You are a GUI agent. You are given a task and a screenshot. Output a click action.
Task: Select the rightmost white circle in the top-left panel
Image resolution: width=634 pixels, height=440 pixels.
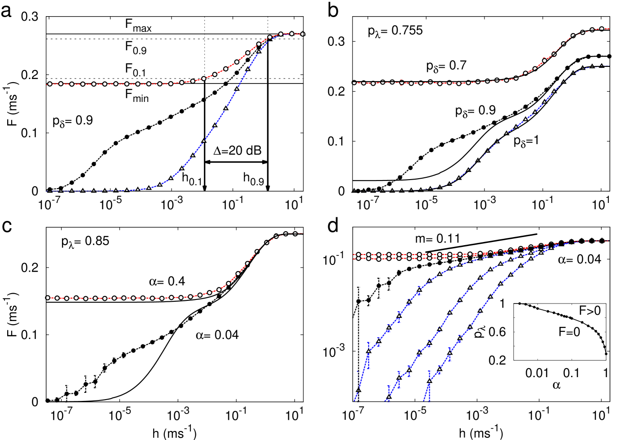(x=303, y=34)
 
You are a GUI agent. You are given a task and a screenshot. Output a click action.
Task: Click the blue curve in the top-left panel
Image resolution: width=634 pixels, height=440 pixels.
(x=215, y=125)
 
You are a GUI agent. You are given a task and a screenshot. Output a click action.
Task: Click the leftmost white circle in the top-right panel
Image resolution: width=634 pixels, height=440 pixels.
(x=354, y=83)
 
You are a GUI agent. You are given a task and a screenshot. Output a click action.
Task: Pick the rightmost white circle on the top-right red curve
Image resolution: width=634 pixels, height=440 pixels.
(x=602, y=29)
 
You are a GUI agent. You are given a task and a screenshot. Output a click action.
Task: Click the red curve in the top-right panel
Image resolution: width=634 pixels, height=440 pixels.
(x=449, y=83)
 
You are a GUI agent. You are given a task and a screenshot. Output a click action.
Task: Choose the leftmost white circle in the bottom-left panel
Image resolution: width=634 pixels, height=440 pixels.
(x=48, y=298)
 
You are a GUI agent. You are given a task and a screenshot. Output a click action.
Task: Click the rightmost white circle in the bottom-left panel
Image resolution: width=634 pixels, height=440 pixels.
(x=295, y=233)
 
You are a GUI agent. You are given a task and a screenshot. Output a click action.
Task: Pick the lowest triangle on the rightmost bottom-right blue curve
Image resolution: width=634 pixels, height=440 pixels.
(x=429, y=382)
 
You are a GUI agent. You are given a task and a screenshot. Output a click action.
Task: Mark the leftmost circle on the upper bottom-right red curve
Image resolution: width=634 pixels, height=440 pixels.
(x=358, y=255)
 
